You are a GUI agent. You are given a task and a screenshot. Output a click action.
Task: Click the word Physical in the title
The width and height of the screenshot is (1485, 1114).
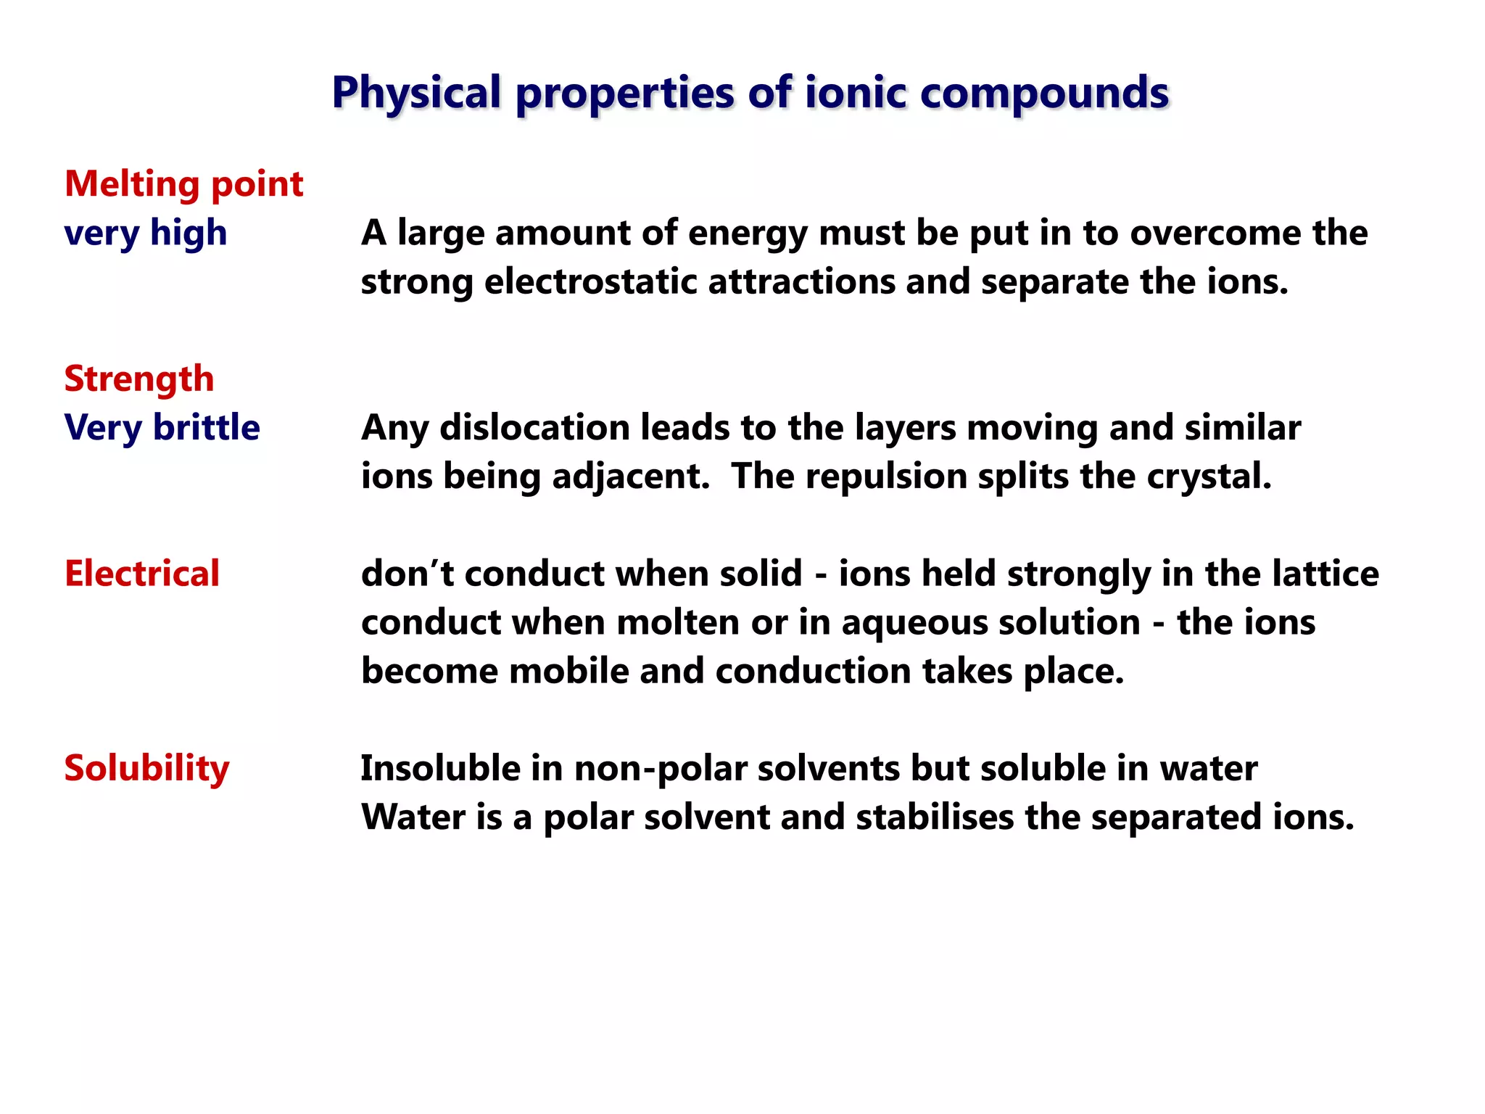tap(416, 93)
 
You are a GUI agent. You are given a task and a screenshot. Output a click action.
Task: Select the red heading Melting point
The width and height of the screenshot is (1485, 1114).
tap(183, 184)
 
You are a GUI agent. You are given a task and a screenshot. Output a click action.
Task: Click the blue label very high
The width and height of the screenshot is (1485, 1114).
tap(145, 233)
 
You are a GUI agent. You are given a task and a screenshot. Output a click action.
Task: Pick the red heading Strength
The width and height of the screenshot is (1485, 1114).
tap(139, 379)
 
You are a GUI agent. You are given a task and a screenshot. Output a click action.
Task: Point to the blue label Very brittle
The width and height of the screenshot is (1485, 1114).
tap(162, 427)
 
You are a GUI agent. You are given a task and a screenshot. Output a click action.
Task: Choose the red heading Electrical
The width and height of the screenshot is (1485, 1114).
tap(142, 574)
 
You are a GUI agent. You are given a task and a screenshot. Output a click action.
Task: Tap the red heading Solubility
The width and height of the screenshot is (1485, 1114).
tap(146, 768)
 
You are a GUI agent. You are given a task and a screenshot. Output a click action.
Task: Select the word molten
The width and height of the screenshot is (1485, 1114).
tap(677, 622)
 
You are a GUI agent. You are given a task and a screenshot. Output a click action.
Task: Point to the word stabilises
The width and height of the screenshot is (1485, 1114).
tap(934, 817)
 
